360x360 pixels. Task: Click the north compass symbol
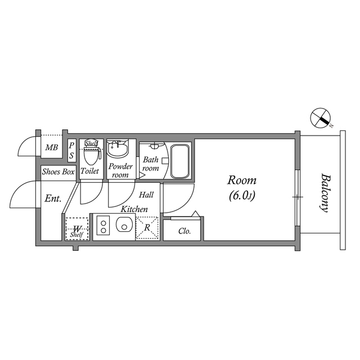tap(320, 118)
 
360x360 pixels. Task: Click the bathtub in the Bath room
tap(180, 161)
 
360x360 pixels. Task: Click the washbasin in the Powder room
tap(118, 148)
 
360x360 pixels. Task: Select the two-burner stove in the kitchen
tap(103, 225)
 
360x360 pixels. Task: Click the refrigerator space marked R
tap(147, 228)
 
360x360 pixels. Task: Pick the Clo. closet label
tap(184, 231)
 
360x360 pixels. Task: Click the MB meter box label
tap(51, 147)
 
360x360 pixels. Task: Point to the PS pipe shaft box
tap(71, 151)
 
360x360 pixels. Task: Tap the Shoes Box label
tap(58, 172)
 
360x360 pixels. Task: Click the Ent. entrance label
tap(53, 198)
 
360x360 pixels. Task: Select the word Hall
tap(146, 195)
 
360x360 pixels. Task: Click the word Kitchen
tap(134, 209)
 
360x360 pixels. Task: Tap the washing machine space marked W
tap(77, 229)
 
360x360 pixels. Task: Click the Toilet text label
tap(89, 171)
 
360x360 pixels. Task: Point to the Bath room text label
tap(151, 164)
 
